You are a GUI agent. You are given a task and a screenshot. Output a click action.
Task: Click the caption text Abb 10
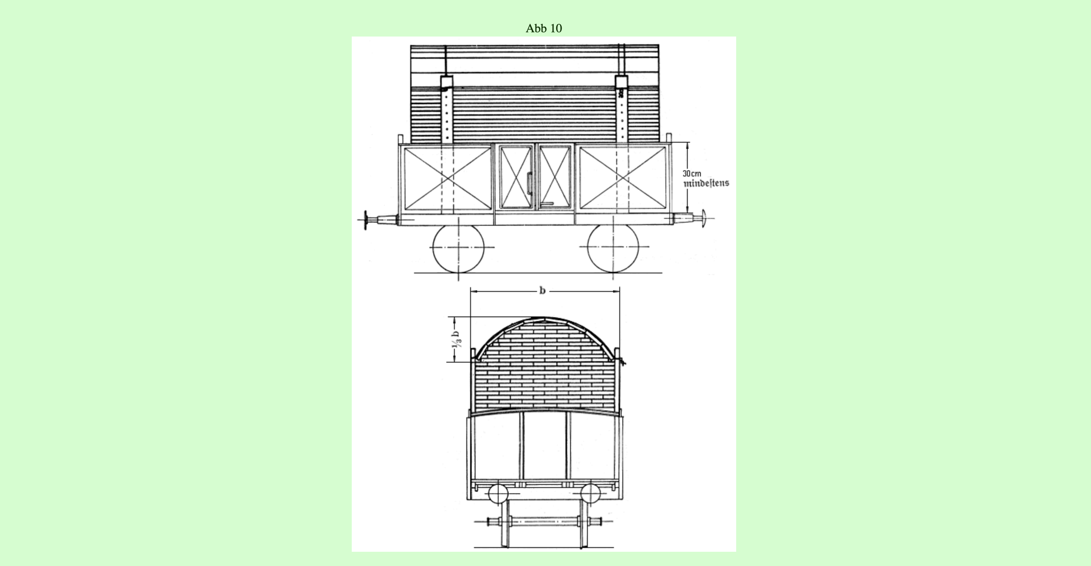[x=544, y=28]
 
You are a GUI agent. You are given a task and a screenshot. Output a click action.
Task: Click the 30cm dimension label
[x=692, y=174]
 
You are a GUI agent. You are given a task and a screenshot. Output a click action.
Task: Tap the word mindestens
[x=707, y=183]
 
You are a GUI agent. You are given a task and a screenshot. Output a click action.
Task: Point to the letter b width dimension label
[x=542, y=291]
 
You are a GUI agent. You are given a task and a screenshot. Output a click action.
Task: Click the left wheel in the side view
[x=458, y=248]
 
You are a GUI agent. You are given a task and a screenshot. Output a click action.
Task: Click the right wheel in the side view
[x=613, y=248]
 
